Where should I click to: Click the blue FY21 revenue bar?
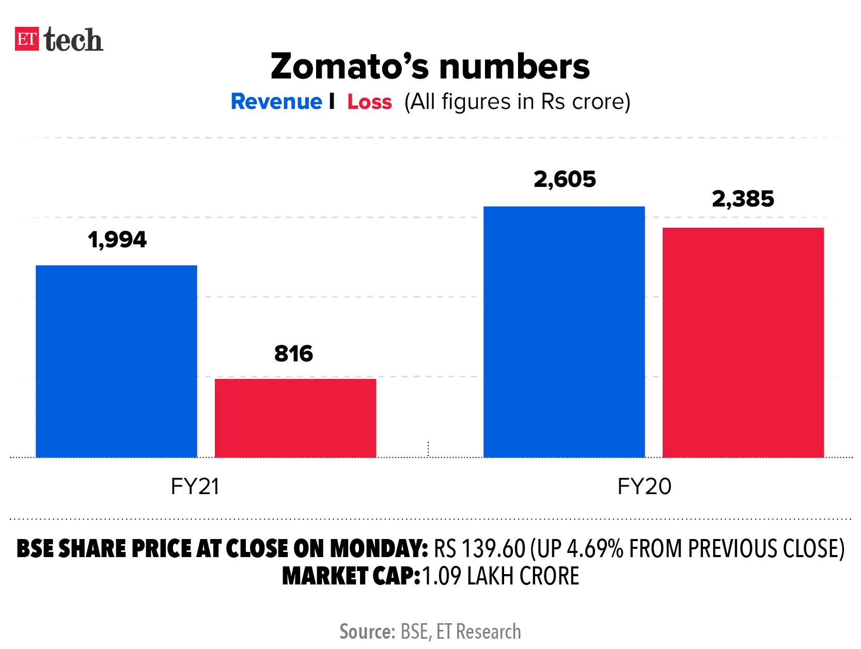(116, 361)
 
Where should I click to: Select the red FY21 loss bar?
(295, 418)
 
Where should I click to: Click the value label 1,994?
(117, 240)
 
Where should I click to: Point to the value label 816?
(293, 354)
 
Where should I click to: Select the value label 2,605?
(565, 180)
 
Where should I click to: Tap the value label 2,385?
(743, 199)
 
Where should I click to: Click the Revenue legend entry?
(276, 102)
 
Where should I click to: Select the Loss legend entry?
(369, 102)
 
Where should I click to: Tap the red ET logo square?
(27, 39)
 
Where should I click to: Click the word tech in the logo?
(73, 40)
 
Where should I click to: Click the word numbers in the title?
(514, 67)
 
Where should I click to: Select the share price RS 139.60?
(479, 549)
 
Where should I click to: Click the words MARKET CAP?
(351, 576)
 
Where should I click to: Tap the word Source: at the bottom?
(367, 632)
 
